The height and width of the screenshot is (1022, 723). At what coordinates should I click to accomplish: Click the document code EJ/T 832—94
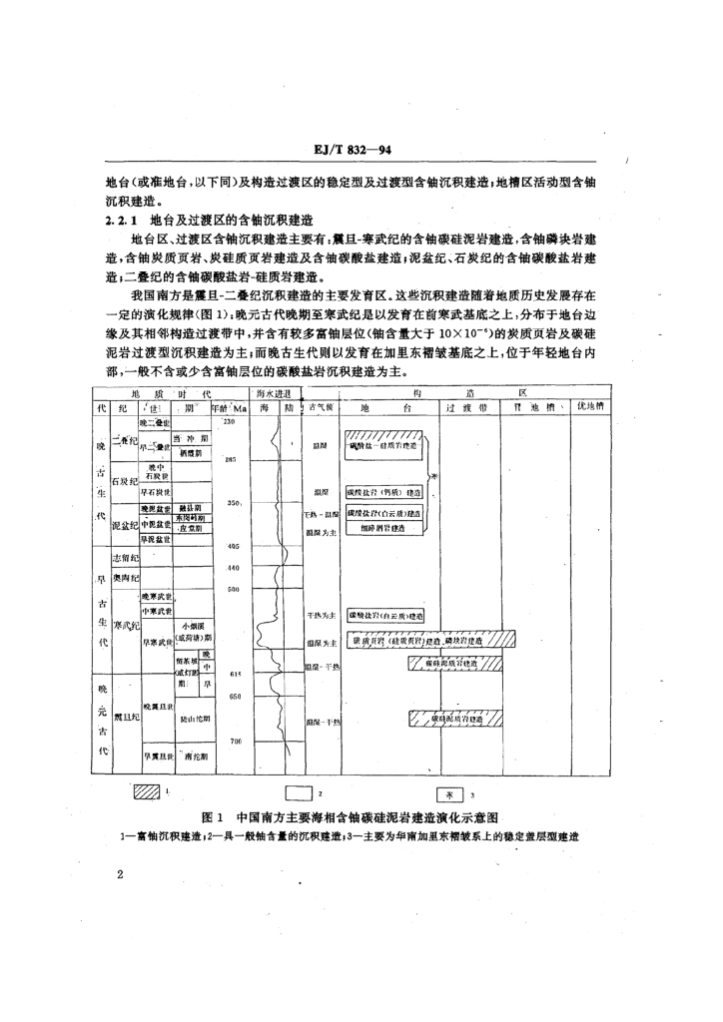[361, 150]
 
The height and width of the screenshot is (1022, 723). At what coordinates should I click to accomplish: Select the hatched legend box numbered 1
[148, 793]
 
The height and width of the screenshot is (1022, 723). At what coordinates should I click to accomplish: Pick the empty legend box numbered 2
[300, 794]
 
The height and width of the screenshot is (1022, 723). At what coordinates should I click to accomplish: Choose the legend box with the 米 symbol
[451, 794]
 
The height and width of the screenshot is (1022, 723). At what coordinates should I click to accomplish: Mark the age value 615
[236, 676]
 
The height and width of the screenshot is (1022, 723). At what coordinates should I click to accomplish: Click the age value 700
[236, 741]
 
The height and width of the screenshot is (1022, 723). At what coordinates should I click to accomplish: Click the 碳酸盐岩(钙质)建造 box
[383, 492]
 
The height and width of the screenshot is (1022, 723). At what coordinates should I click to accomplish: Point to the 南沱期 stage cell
[196, 757]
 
